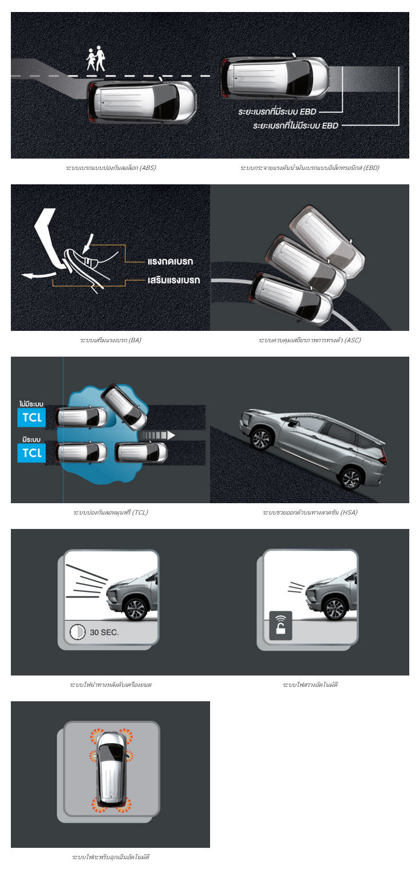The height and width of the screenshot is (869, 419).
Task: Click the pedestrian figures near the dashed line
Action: [x=96, y=58]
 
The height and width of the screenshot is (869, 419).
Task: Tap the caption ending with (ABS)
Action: [x=110, y=168]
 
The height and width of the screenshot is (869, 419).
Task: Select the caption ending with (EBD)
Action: [x=310, y=168]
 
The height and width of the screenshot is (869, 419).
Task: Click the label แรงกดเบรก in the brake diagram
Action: [x=171, y=261]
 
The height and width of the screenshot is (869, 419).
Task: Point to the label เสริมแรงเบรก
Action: [x=174, y=280]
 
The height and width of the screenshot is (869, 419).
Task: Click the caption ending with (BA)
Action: [x=110, y=340]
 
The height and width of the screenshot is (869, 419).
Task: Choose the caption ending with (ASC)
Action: [x=310, y=340]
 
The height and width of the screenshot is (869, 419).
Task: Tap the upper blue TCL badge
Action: [x=31, y=417]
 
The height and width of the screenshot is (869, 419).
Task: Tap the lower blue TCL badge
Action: [x=31, y=453]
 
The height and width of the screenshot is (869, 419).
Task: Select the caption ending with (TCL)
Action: [x=110, y=512]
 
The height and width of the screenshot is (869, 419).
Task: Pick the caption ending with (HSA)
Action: [x=310, y=512]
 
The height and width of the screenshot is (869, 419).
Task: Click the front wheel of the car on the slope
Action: [x=260, y=439]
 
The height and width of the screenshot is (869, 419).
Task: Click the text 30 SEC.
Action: [x=104, y=632]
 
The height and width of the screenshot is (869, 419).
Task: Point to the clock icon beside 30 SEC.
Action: [x=77, y=631]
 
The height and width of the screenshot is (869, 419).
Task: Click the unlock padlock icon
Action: [x=280, y=625]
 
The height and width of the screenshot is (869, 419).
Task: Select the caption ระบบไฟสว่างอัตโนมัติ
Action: [x=310, y=684]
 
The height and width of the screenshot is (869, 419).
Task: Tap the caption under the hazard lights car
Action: [x=110, y=856]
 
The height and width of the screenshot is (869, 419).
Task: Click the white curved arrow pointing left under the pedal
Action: [x=39, y=275]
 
